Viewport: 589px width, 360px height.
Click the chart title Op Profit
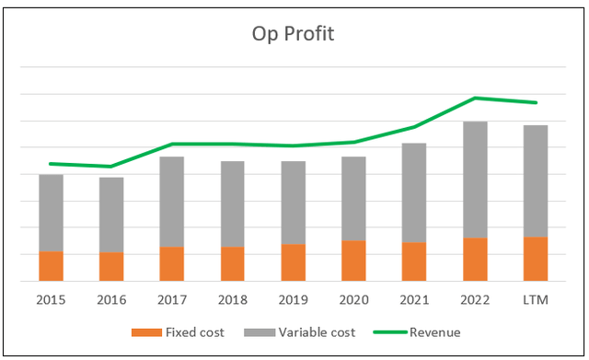[x=294, y=34]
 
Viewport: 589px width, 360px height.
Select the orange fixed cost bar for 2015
[x=51, y=266]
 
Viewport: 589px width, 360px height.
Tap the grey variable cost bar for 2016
[x=111, y=215]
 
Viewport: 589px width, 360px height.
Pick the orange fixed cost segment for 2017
[x=172, y=263]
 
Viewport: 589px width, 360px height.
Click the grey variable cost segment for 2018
[x=233, y=203]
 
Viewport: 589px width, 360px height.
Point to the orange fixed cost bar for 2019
[x=294, y=262]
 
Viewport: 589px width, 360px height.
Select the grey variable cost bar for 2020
[x=353, y=198]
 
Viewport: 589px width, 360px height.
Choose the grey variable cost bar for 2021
[x=414, y=192]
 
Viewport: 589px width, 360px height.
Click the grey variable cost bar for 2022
[x=475, y=180]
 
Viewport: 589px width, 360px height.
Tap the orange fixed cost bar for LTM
[x=536, y=259]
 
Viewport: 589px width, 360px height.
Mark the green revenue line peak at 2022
[x=475, y=98]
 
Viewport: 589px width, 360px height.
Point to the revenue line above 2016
[x=111, y=167]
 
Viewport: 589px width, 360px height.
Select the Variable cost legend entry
[x=285, y=332]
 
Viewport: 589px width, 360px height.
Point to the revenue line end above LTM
[x=536, y=102]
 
